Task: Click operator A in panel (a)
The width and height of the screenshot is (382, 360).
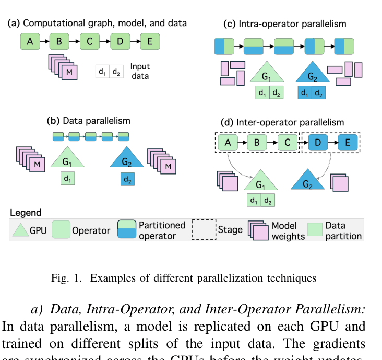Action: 30,41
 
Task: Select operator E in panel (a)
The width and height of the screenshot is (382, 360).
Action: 150,41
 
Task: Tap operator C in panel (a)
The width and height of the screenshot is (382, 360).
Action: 90,41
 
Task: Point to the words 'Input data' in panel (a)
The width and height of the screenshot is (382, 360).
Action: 139,71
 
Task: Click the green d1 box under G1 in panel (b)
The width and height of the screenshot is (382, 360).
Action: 67,179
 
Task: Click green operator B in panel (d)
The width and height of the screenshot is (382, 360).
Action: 256,142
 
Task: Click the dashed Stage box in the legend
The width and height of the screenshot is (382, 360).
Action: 204,229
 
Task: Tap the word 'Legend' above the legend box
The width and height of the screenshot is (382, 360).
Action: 25,213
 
